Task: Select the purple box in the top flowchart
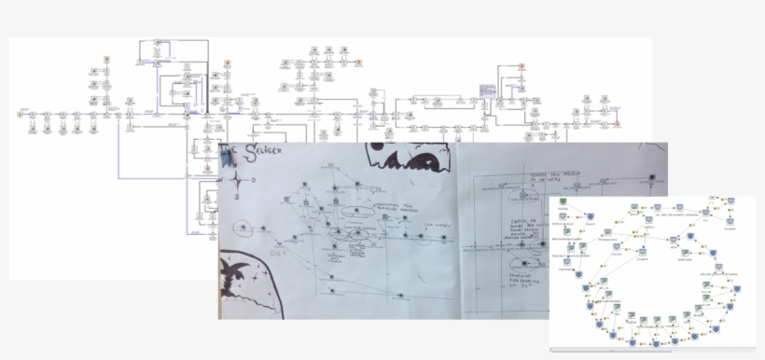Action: pyautogui.click(x=486, y=90)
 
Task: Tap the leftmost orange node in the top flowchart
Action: pyautogui.click(x=109, y=62)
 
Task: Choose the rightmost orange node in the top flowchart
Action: pyautogui.click(x=616, y=122)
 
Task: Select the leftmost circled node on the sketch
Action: pyautogui.click(x=241, y=227)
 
